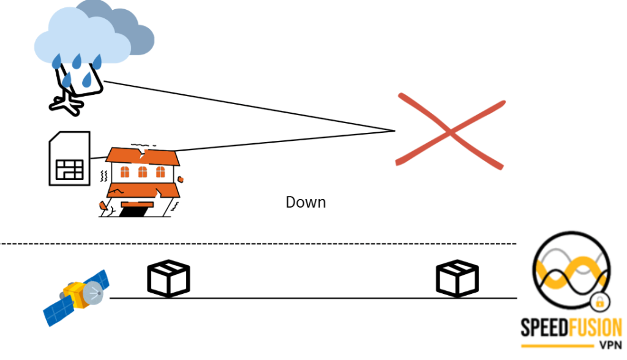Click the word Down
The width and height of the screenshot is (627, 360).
pyautogui.click(x=306, y=202)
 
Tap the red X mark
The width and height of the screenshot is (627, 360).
pyautogui.click(x=450, y=130)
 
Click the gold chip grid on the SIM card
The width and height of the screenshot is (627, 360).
pyautogui.click(x=69, y=169)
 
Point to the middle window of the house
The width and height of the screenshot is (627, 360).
pyautogui.click(x=143, y=172)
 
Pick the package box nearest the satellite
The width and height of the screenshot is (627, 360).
pyautogui.click(x=169, y=278)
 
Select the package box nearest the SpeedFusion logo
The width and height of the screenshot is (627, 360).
pyautogui.click(x=457, y=279)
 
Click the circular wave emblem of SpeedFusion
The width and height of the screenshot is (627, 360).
pyautogui.click(x=570, y=272)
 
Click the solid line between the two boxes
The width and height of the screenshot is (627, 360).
pyautogui.click(x=312, y=298)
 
